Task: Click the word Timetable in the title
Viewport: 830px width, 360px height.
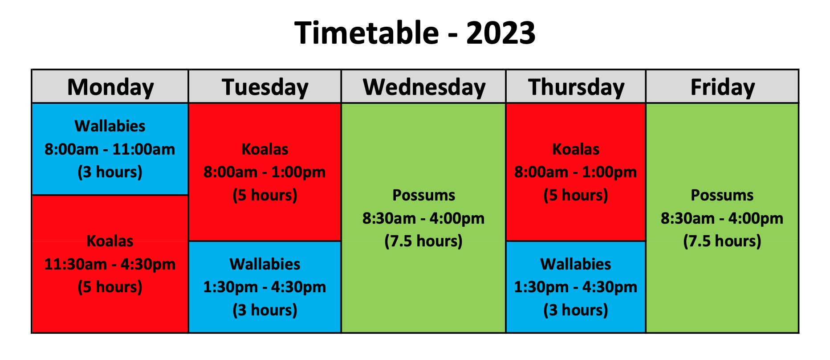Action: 366,33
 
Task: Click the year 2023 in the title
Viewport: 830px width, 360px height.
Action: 500,33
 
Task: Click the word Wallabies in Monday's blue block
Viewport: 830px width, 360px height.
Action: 110,126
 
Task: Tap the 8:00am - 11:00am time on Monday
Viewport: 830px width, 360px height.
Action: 110,149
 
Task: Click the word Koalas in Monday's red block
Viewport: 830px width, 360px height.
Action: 110,241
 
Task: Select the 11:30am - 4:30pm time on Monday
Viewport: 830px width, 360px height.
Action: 110,264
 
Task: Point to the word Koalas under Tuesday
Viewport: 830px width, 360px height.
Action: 265,149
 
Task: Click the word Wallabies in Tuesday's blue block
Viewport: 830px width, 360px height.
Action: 265,264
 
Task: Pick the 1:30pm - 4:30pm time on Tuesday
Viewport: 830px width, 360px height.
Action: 265,287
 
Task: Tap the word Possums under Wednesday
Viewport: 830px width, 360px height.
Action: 424,195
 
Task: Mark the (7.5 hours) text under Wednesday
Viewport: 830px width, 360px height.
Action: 424,241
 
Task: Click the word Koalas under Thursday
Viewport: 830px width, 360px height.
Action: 576,149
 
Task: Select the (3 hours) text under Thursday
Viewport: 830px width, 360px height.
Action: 576,310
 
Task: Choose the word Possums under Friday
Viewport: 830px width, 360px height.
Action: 722,195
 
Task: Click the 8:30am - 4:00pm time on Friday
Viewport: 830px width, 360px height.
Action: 722,218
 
